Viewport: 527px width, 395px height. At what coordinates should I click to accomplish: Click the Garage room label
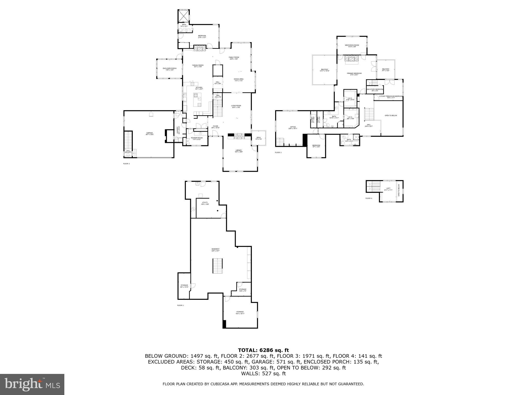150,133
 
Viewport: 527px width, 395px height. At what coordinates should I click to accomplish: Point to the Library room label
239,151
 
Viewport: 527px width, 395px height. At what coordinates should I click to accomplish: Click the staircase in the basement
217,266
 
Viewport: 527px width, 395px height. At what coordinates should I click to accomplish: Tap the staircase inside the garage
128,140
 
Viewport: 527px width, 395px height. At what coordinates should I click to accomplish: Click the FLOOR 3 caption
278,152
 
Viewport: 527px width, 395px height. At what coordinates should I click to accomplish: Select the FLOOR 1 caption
180,305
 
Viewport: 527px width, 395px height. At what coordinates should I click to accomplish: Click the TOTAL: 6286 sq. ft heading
263,350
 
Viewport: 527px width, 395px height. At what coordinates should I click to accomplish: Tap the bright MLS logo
32,384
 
